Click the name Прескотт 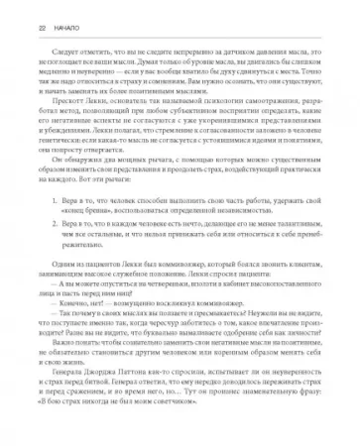[58, 107]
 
